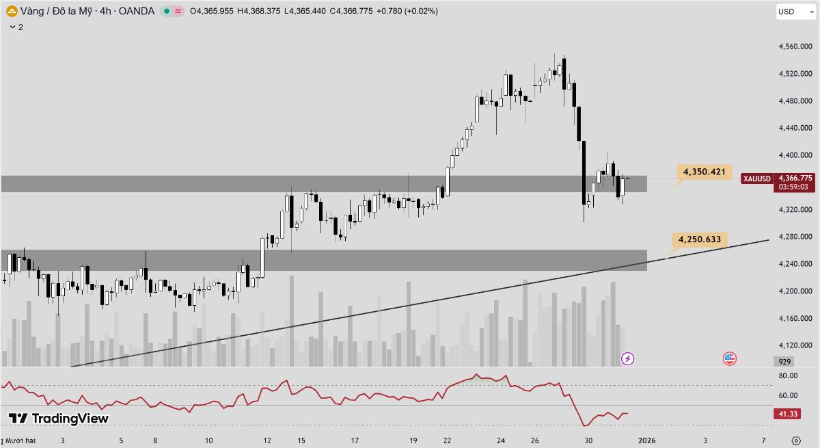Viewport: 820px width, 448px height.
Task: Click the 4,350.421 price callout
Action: [x=704, y=172]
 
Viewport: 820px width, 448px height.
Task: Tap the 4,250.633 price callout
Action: [x=699, y=239]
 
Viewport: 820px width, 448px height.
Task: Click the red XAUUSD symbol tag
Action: [x=757, y=179]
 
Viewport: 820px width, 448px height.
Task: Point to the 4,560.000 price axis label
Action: [x=795, y=47]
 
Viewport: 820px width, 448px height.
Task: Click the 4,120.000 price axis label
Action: [x=795, y=345]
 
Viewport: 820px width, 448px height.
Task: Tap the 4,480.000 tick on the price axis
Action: [x=795, y=101]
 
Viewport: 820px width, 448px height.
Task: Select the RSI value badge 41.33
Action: [x=786, y=414]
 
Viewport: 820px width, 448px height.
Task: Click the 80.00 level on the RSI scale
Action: [x=788, y=375]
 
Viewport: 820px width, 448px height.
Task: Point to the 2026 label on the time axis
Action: [x=646, y=440]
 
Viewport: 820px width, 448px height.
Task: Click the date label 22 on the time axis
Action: [x=446, y=440]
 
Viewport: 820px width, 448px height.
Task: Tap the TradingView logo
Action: [x=59, y=418]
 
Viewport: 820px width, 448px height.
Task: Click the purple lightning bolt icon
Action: [x=627, y=358]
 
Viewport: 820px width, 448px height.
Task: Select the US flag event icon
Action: [x=730, y=358]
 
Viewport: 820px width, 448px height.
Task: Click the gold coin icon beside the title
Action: [x=12, y=11]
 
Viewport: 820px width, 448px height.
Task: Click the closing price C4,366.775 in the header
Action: [x=350, y=11]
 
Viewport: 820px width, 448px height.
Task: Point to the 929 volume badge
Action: [x=784, y=361]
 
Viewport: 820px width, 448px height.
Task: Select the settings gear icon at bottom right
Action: [x=795, y=440]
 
